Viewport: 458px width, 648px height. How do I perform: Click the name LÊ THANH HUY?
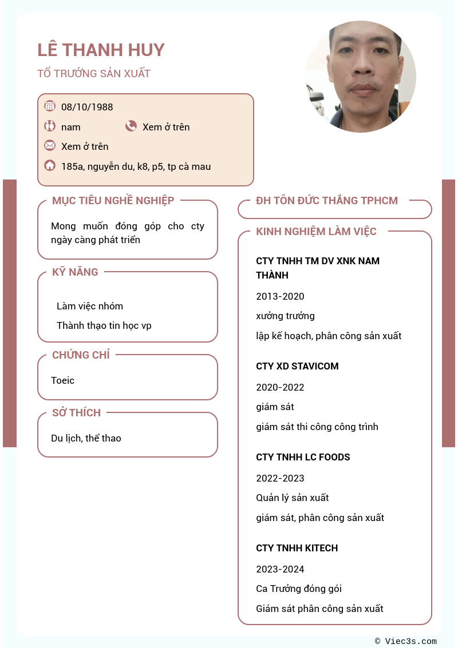101,50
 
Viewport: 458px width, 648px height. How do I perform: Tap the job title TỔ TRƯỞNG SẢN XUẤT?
94,74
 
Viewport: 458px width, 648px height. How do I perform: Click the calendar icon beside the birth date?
50,106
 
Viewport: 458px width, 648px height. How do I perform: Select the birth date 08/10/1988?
87,107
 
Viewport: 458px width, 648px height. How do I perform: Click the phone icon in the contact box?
131,126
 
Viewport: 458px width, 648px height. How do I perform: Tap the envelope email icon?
50,145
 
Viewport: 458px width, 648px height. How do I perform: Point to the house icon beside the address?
50,166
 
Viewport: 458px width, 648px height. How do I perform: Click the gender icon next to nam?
50,126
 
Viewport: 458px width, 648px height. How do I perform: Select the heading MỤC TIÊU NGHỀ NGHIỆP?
113,201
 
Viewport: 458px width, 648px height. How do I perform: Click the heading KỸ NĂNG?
75,272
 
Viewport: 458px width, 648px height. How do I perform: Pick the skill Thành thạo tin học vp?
104,325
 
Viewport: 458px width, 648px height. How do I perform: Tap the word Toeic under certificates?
62,380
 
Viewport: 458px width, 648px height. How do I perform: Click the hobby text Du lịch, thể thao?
86,438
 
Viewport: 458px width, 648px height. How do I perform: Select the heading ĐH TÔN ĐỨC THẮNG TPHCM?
326,201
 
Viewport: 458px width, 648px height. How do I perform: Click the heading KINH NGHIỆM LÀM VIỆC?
316,232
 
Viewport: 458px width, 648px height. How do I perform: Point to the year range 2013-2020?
280,296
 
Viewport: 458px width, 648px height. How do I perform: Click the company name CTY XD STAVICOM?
297,366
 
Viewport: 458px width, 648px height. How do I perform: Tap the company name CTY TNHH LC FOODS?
303,457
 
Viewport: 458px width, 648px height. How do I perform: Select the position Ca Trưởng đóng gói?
299,589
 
